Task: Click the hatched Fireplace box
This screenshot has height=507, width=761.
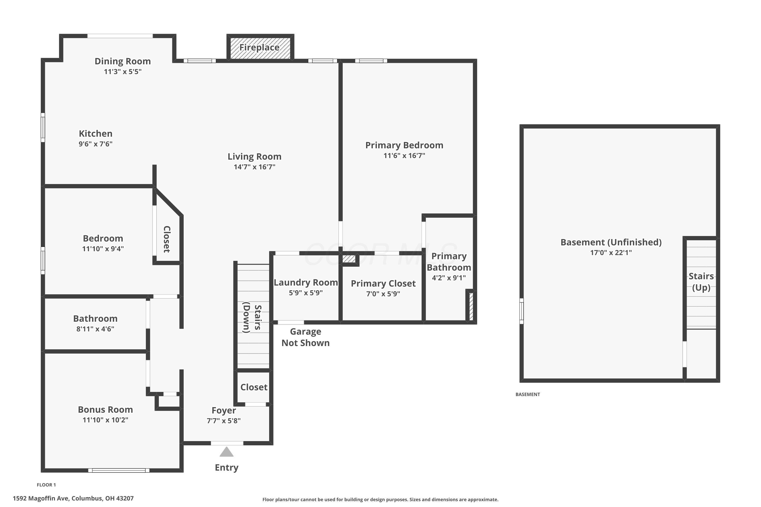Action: pyautogui.click(x=260, y=48)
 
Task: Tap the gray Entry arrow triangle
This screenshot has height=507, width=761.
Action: pyautogui.click(x=227, y=452)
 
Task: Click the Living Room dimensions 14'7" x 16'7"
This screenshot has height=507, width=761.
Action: pyautogui.click(x=255, y=167)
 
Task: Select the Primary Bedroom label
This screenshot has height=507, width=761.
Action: pyautogui.click(x=404, y=145)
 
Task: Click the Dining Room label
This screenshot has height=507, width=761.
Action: pyautogui.click(x=123, y=61)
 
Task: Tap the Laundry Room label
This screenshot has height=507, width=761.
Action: pyautogui.click(x=306, y=283)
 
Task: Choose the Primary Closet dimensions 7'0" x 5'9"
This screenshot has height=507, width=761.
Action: pyautogui.click(x=383, y=294)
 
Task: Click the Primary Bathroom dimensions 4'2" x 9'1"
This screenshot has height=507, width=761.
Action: pyautogui.click(x=449, y=278)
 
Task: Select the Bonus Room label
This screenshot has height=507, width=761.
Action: pyautogui.click(x=106, y=410)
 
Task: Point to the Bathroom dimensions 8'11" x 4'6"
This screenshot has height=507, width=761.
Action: pyautogui.click(x=95, y=329)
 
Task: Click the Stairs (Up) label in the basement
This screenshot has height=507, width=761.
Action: pyautogui.click(x=701, y=282)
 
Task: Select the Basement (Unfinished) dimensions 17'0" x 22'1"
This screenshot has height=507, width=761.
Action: pyautogui.click(x=611, y=252)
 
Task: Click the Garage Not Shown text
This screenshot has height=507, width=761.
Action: pyautogui.click(x=305, y=337)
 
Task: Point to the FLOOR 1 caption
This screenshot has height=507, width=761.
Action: pyautogui.click(x=46, y=485)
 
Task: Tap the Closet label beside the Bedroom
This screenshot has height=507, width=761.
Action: pyautogui.click(x=167, y=239)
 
